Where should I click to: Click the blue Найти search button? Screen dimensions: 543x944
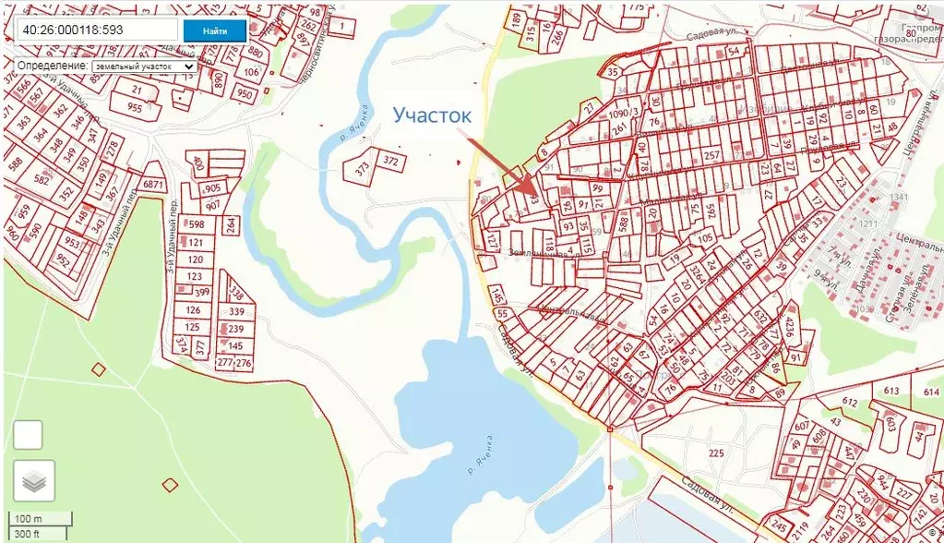(214, 30)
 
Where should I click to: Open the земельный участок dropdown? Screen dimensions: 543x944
(145, 66)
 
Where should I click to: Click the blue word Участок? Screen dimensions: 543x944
(432, 115)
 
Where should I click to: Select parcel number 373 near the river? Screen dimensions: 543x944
(362, 167)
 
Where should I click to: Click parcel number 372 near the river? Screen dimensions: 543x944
(390, 162)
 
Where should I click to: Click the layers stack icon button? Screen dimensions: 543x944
(34, 480)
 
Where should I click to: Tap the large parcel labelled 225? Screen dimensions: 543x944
(715, 452)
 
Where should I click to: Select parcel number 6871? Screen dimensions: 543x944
(153, 185)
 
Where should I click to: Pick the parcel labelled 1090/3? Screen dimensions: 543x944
(625, 112)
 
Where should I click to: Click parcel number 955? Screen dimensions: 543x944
(136, 107)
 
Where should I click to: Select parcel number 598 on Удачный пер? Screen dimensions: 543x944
(196, 224)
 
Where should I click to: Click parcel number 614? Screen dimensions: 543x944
(930, 392)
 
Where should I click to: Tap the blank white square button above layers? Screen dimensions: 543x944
(29, 434)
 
